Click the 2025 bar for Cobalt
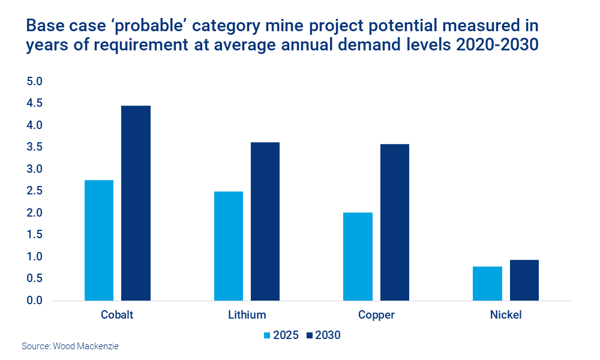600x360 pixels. pos(99,240)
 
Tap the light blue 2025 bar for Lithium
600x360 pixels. pos(228,246)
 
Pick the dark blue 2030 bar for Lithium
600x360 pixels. pos(265,221)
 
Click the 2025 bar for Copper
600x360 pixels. pos(358,256)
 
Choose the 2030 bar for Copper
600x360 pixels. pos(394,222)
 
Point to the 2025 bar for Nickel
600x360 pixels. pos(487,283)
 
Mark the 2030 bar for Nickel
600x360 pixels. pos(524,280)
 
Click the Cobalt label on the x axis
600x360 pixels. pos(117,315)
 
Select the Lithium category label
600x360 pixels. pos(247,315)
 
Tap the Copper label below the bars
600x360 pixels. pos(376,315)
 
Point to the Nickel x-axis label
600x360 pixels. pos(505,315)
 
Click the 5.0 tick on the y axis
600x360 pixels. pos(35,82)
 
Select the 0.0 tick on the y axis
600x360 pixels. pos(35,301)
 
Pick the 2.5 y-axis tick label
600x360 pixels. pos(35,191)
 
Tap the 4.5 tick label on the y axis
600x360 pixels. pos(35,104)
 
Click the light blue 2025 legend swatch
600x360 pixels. pos(268,335)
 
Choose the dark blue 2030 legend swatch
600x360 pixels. pos(310,335)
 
